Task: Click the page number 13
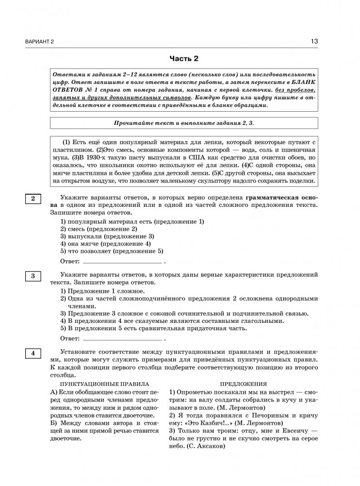click(314, 42)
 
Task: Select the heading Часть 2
click(184, 59)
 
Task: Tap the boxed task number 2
click(33, 199)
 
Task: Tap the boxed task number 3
click(33, 276)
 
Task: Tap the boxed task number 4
click(33, 353)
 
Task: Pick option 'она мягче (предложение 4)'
click(106, 244)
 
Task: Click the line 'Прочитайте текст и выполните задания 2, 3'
click(184, 123)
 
